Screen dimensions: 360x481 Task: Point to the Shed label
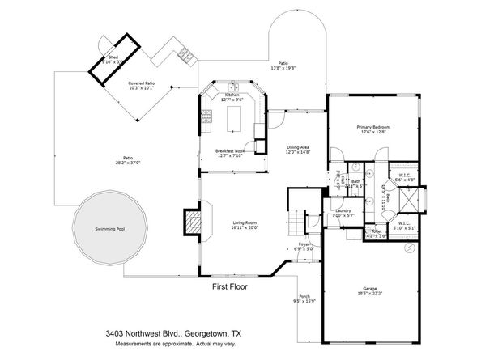point(113,57)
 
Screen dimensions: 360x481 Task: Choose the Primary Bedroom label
point(374,127)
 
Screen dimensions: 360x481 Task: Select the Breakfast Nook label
point(230,150)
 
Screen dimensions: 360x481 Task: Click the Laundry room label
point(343,212)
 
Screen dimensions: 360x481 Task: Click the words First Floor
point(229,286)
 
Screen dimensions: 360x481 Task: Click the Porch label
point(304,297)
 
